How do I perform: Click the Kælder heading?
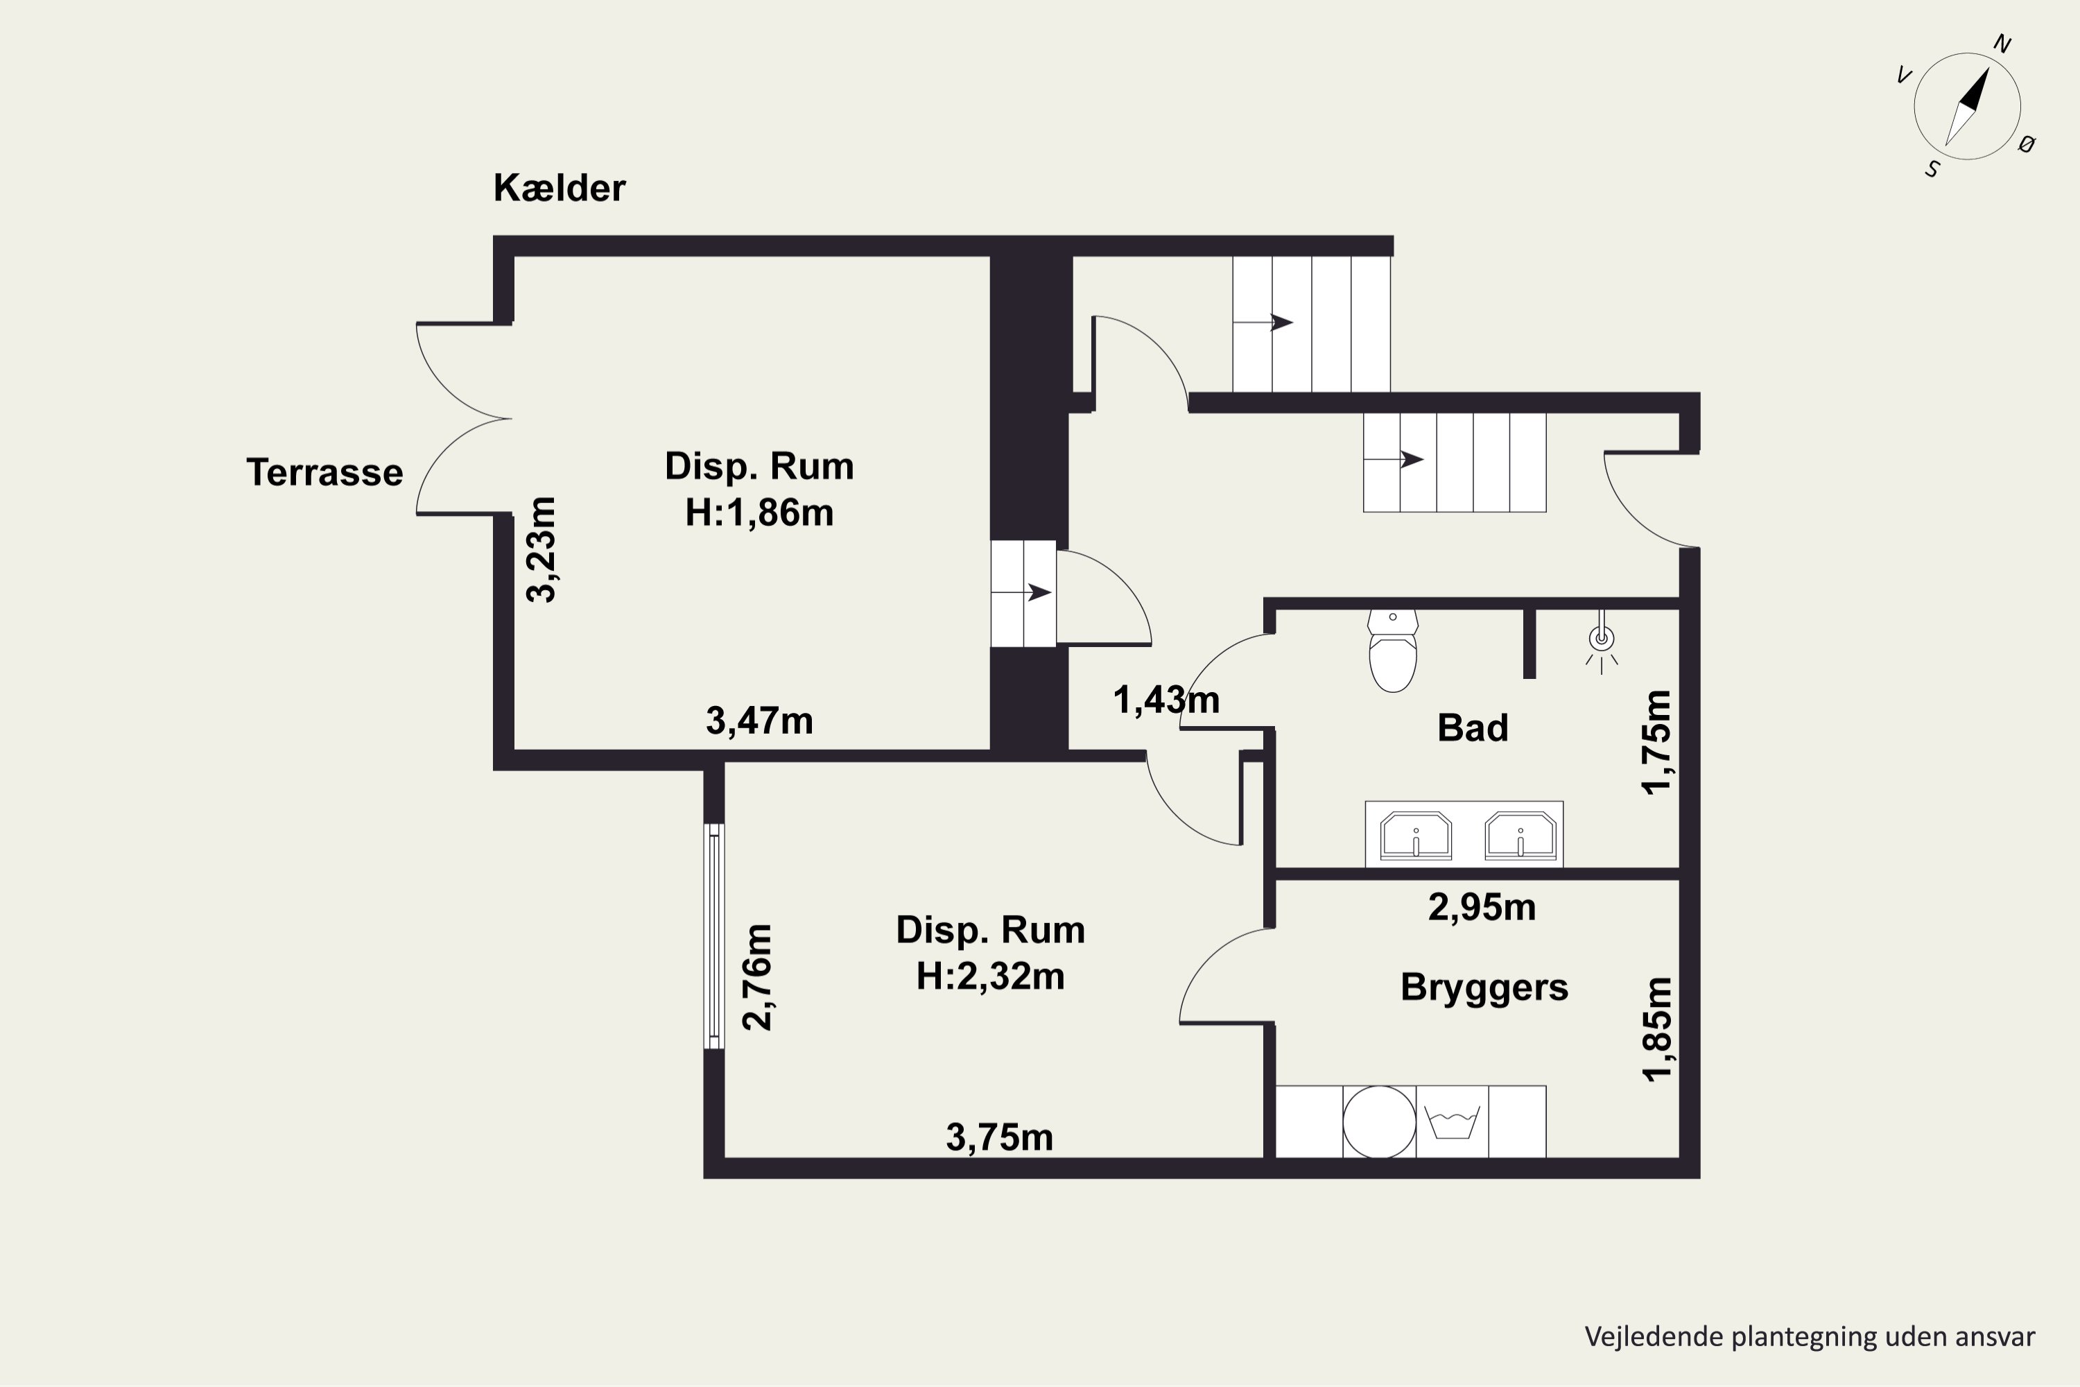[559, 187]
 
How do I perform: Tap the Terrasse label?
[324, 472]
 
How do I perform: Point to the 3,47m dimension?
[759, 721]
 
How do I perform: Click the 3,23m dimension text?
[541, 549]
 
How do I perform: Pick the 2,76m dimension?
[758, 977]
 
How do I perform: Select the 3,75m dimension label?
[999, 1137]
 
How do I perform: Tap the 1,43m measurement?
[1165, 700]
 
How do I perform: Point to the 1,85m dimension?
[1657, 1030]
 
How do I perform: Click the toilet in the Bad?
[1393, 651]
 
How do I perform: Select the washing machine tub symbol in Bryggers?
[1452, 1121]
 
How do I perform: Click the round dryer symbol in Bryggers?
[1380, 1121]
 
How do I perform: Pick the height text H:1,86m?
[759, 513]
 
